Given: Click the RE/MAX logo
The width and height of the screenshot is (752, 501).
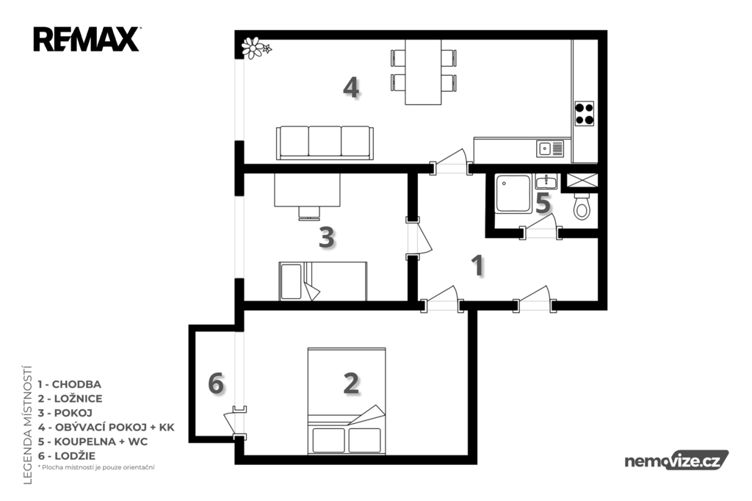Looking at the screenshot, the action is pyautogui.click(x=87, y=40).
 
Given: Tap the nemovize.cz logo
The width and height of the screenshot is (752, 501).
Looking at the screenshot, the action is pyautogui.click(x=676, y=461).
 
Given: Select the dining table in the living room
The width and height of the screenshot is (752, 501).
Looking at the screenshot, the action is pyautogui.click(x=423, y=72).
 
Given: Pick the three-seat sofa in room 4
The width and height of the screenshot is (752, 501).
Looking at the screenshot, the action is pyautogui.click(x=325, y=143).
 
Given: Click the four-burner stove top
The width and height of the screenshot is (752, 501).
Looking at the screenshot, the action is pyautogui.click(x=584, y=114).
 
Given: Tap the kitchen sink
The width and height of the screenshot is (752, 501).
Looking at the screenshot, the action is pyautogui.click(x=550, y=148).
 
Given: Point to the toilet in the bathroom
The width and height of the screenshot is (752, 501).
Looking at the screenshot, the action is pyautogui.click(x=582, y=206).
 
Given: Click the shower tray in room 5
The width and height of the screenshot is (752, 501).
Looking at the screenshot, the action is pyautogui.click(x=513, y=193).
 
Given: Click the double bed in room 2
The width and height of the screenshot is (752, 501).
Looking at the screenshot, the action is pyautogui.click(x=347, y=400).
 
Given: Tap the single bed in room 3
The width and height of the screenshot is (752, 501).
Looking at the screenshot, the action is pyautogui.click(x=323, y=281).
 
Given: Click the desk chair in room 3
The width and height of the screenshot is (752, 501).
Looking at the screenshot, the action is pyautogui.click(x=309, y=213).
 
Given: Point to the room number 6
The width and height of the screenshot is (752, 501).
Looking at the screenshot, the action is pyautogui.click(x=216, y=384).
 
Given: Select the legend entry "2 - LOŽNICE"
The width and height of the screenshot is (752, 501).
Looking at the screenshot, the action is pyautogui.click(x=70, y=398).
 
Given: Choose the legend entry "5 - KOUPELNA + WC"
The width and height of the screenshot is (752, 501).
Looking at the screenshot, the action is pyautogui.click(x=93, y=441).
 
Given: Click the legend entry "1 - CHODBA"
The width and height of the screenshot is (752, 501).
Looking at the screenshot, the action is pyautogui.click(x=70, y=384).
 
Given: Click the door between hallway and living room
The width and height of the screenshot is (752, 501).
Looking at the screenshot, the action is pyautogui.click(x=451, y=162).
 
